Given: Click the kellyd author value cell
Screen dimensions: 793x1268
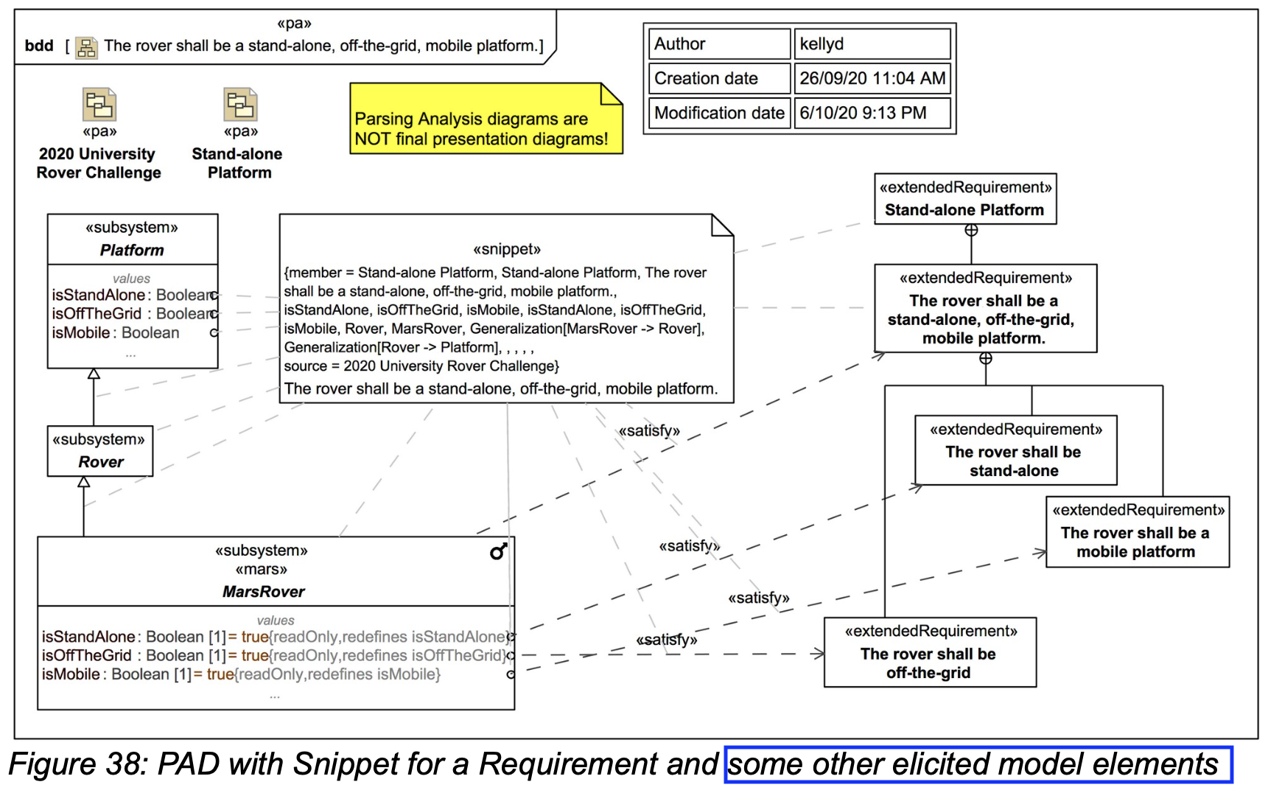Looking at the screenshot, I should click(871, 44).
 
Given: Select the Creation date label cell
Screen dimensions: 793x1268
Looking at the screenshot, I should click(719, 79).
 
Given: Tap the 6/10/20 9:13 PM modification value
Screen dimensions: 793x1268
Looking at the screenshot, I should click(871, 113).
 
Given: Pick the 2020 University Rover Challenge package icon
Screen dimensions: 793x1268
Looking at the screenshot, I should click(99, 105).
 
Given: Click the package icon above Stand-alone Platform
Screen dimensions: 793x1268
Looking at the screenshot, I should click(240, 105).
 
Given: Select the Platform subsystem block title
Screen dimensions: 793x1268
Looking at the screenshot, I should click(133, 250).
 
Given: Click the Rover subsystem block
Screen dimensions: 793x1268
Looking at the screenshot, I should click(100, 451).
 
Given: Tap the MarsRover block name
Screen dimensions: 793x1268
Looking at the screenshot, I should click(263, 592).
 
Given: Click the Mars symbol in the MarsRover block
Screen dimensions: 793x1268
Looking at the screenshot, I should click(499, 551).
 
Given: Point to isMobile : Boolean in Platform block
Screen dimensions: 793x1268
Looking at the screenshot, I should click(116, 333).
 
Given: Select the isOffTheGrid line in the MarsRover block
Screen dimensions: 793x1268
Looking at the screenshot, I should click(273, 655).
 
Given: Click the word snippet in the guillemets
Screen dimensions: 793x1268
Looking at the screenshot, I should click(507, 249).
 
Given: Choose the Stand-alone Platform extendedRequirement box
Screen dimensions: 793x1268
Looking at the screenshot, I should click(964, 199).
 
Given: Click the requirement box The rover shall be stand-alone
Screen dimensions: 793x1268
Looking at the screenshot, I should click(1015, 450).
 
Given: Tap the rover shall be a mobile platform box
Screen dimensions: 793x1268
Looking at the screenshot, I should click(1137, 532).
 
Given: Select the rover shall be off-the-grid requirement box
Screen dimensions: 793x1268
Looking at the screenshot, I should click(929, 653).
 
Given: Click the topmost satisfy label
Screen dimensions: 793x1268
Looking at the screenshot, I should click(649, 431).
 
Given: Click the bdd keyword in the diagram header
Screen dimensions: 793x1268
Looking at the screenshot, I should click(39, 46).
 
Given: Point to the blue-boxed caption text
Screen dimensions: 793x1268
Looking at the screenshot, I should click(977, 765).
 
